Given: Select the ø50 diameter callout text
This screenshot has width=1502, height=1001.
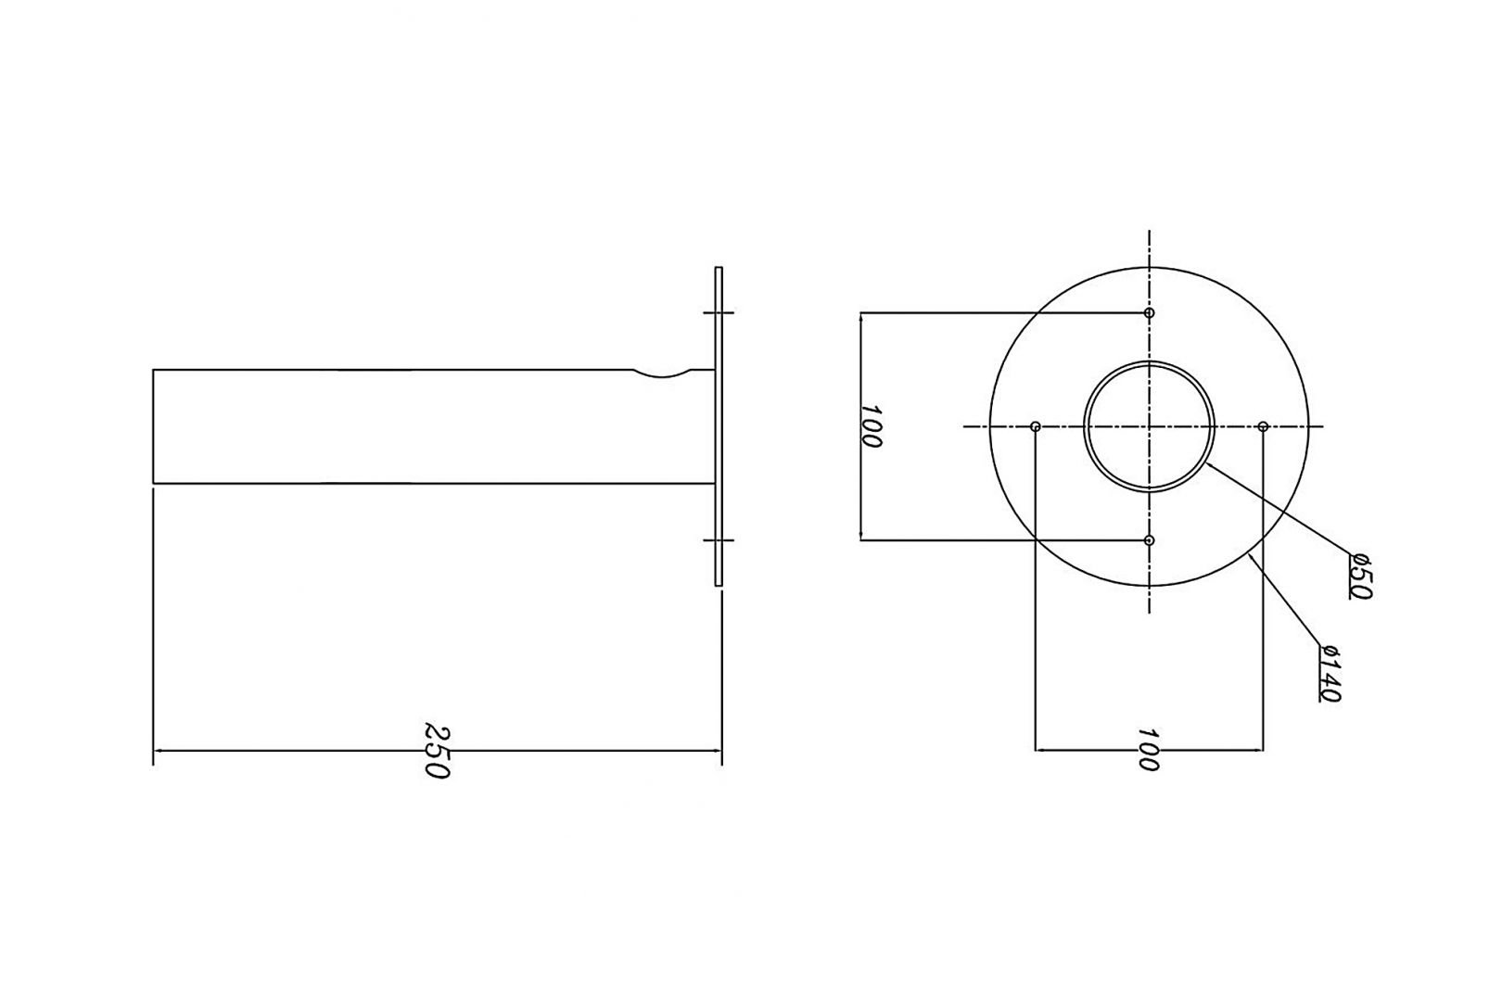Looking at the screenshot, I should [1359, 576].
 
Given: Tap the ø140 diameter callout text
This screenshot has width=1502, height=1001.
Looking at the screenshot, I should [1330, 672].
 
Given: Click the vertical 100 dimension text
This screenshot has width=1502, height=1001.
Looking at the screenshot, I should [871, 425].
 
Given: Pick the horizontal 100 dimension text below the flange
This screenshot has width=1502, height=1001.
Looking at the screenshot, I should [1148, 750].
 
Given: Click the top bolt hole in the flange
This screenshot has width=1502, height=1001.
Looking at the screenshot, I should [1149, 313].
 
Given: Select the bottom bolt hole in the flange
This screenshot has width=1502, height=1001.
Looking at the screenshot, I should [1149, 539].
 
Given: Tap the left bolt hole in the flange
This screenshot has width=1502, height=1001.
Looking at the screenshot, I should [1036, 426].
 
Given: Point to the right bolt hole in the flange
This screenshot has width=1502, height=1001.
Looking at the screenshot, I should [1263, 426].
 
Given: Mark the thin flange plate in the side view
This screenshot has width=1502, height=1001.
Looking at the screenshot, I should [719, 426].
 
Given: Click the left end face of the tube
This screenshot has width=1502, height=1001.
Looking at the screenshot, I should [154, 426].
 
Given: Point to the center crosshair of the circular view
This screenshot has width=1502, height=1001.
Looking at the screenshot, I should [1149, 426].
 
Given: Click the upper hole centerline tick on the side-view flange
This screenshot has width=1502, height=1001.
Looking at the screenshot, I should [719, 313].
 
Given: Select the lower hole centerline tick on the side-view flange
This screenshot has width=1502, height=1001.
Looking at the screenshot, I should [719, 539].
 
